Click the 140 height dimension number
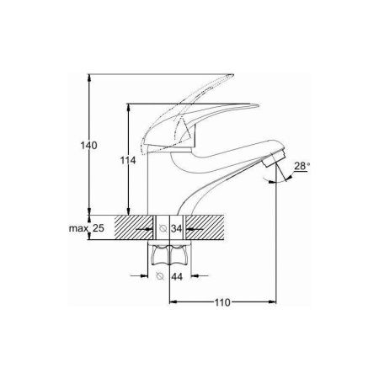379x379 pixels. [x=88, y=146]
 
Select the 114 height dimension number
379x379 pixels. [x=128, y=160]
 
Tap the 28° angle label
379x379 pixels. [x=302, y=166]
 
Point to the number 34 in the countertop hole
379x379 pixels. [x=177, y=228]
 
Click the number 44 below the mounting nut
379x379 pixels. [x=177, y=277]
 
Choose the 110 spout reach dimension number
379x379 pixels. [x=222, y=302]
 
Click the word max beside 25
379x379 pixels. [x=78, y=228]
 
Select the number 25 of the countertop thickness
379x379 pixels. [x=99, y=228]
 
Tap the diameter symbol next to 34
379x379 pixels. [x=163, y=228]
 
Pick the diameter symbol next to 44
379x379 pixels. [x=160, y=276]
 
